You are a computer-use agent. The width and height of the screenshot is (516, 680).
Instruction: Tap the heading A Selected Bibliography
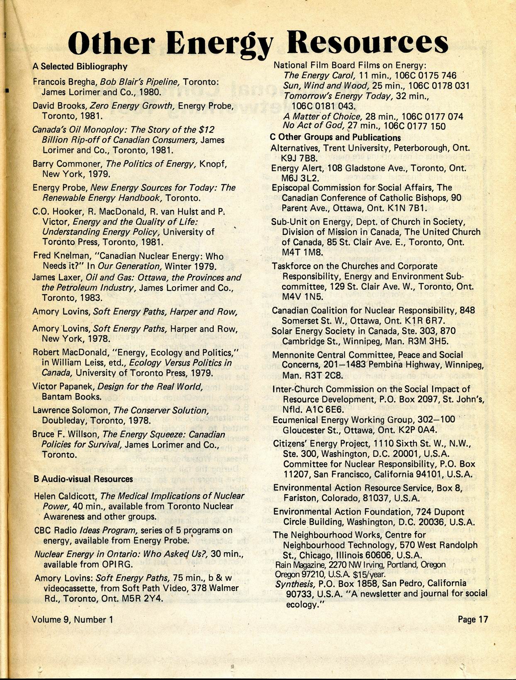click(x=80, y=66)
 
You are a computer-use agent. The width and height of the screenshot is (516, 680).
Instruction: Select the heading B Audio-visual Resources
click(x=83, y=479)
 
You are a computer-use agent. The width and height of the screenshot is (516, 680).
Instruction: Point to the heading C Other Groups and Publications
click(x=335, y=137)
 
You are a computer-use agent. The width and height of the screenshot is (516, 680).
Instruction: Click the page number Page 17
click(x=473, y=619)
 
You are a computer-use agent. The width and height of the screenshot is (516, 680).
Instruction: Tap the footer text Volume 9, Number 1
click(x=73, y=619)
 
